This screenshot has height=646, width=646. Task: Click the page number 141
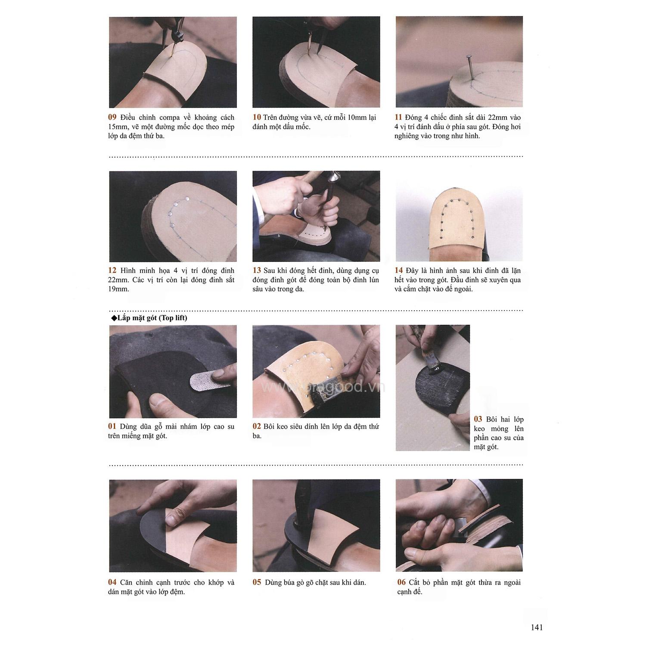pyautogui.click(x=537, y=627)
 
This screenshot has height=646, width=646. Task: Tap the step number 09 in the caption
pyautogui.click(x=112, y=117)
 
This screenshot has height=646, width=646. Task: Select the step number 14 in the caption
pyautogui.click(x=399, y=270)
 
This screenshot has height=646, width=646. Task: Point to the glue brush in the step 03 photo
pyautogui.click(x=431, y=364)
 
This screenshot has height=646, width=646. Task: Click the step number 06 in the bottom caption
pyautogui.click(x=401, y=582)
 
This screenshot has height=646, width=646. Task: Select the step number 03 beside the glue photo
pyautogui.click(x=478, y=419)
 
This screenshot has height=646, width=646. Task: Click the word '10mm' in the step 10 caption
pyautogui.click(x=350, y=117)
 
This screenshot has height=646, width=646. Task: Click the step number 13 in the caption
pyautogui.click(x=257, y=270)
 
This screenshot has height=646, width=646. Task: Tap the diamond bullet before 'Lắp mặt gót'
pyautogui.click(x=114, y=318)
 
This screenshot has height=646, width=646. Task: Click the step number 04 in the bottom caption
pyautogui.click(x=112, y=582)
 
